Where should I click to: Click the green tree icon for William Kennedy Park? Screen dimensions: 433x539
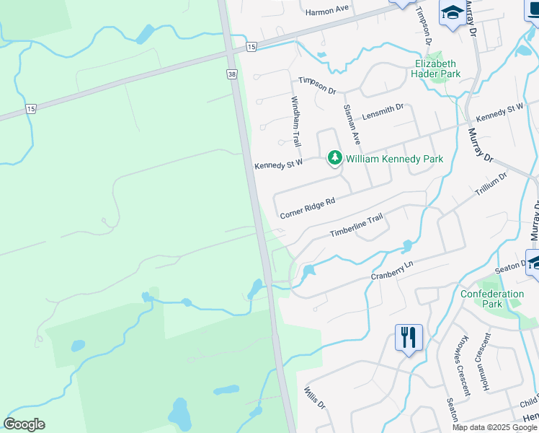coord(335,157)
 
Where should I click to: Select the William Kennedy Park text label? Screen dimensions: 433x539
coord(394,158)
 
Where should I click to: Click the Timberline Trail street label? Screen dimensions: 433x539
coord(356,228)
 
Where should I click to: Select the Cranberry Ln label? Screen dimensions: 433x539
coord(393,271)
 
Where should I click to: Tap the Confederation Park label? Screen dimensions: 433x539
coord(492,299)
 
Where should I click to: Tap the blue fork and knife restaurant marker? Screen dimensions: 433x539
coord(408,337)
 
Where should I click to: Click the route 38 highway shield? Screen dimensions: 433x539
coord(231,74)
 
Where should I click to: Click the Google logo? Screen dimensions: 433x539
coord(24,424)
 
